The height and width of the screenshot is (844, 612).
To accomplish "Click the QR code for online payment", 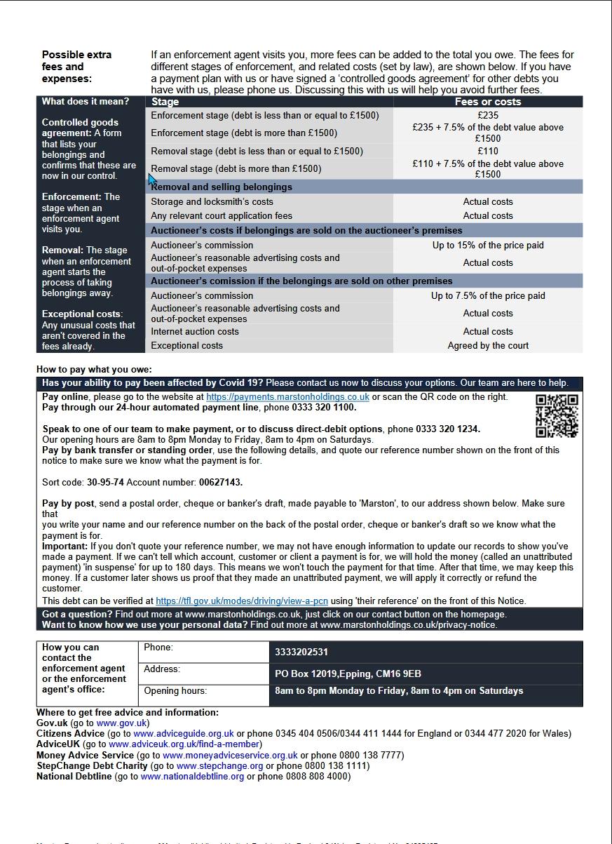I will tap(557, 415).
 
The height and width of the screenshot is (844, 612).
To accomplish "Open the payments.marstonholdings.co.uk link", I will tap(287, 397).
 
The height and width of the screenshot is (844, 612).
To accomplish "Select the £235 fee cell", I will tap(488, 116).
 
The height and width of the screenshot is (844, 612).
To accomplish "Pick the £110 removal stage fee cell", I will tap(488, 151).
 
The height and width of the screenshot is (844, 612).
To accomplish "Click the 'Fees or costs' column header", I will tap(488, 102).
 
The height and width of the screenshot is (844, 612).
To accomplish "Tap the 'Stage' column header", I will tap(165, 102).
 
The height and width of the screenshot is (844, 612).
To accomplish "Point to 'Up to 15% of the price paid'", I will tap(488, 246).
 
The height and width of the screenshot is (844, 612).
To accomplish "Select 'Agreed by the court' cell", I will tap(488, 346).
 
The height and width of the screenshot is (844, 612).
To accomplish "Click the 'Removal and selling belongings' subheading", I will tap(222, 187).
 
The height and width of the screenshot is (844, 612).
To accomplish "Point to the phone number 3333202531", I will tap(301, 652).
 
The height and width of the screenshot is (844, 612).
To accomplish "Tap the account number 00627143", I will tap(221, 483).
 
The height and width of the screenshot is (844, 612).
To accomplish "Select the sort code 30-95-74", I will tap(105, 483).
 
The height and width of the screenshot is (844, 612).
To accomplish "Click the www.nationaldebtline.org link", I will tap(192, 777).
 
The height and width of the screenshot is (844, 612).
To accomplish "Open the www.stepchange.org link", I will tap(219, 766).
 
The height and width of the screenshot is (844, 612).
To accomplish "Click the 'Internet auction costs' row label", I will tap(195, 332).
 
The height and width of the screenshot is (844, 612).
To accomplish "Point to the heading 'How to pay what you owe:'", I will tap(94, 370).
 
